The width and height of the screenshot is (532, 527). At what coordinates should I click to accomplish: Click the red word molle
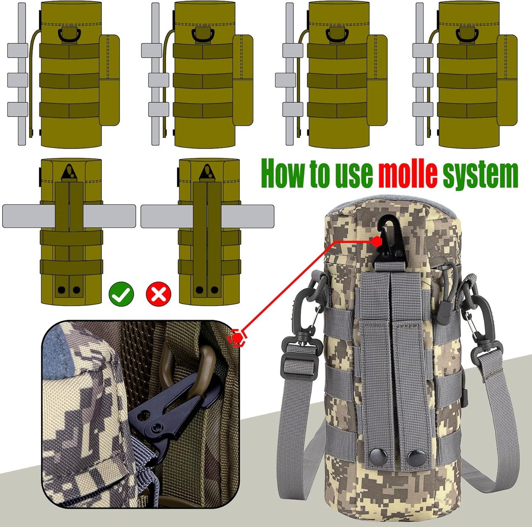pyautogui.click(x=408, y=174)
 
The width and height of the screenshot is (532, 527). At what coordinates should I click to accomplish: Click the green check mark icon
pyautogui.click(x=121, y=294)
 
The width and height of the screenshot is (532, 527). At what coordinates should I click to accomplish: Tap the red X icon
pyautogui.click(x=159, y=294)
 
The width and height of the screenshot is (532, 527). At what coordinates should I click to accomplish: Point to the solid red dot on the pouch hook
pyautogui.click(x=376, y=242)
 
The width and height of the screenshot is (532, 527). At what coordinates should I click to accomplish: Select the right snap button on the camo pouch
pyautogui.click(x=414, y=457)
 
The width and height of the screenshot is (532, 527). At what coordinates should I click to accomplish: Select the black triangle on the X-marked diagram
pyautogui.click(x=207, y=173)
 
